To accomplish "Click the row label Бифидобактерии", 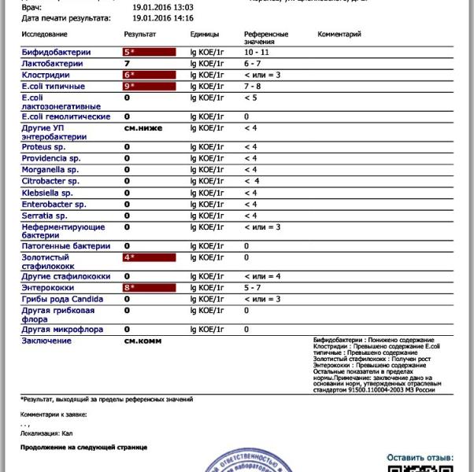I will click(x=56, y=52).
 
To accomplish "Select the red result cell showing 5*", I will click(x=149, y=52).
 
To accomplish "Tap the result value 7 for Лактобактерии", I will click(x=127, y=63).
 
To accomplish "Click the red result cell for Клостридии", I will click(x=149, y=75).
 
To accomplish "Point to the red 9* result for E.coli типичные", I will click(x=149, y=87).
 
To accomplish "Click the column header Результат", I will click(x=140, y=35).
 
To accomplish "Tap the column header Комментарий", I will click(x=339, y=35).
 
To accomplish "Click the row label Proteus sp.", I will click(x=44, y=147).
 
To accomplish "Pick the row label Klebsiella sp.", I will click(x=47, y=193).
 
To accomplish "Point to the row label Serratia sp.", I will click(x=44, y=216).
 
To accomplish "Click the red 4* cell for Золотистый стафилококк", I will click(x=149, y=257).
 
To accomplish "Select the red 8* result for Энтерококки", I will click(x=149, y=288).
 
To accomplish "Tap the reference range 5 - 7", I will click(x=253, y=288).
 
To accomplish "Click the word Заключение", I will click(x=46, y=341).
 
